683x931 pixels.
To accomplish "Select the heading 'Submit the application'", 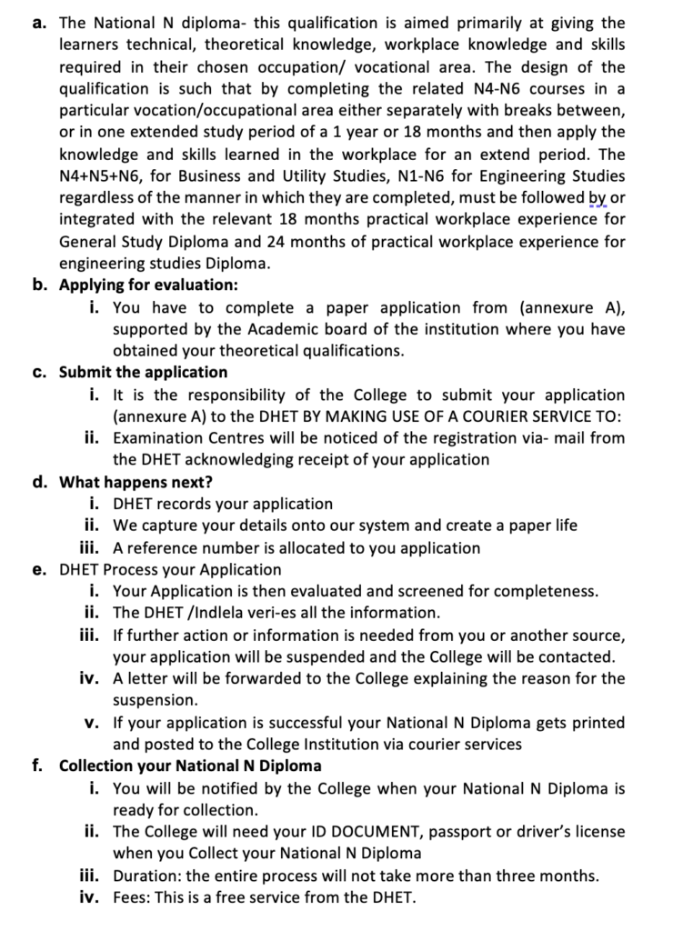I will (x=143, y=372).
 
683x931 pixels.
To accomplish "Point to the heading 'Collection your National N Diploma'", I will (x=189, y=766).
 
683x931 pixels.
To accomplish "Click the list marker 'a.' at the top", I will (x=40, y=23).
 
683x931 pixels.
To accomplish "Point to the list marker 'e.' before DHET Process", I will (x=39, y=569).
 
